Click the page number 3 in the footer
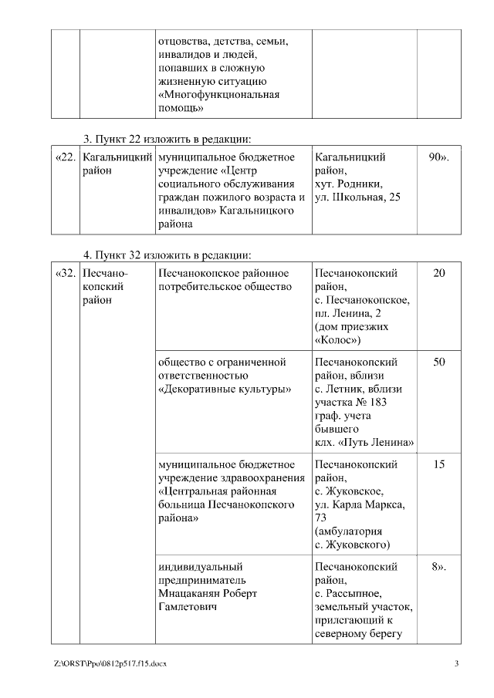[456, 663]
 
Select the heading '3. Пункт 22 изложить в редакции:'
[168, 139]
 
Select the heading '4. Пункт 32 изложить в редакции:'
[168, 255]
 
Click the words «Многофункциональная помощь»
[218, 102]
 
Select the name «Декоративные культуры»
[224, 389]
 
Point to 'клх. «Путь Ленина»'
[364, 443]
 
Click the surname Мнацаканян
[197, 594]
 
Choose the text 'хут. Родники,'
[349, 185]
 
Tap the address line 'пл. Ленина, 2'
[348, 313]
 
